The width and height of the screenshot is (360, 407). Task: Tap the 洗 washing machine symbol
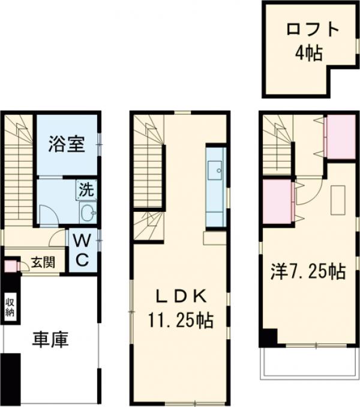pos(85,191)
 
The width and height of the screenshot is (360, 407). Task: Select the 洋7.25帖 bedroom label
pos(307,271)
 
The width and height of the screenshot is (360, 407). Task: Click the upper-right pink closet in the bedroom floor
pos(341,137)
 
